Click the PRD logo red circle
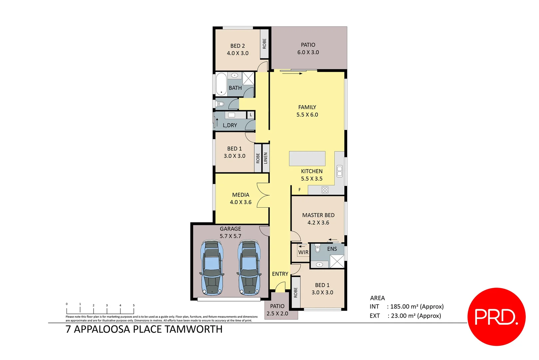(496, 317)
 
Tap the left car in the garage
(212, 268)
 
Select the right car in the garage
(249, 268)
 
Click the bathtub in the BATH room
(221, 84)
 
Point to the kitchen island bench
(307, 159)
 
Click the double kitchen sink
(339, 171)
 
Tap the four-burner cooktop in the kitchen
(325, 190)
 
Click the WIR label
(303, 252)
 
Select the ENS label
(332, 249)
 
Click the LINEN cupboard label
(266, 158)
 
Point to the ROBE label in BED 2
(265, 44)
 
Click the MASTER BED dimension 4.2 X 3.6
(318, 223)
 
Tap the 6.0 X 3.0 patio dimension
(308, 52)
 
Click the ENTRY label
(280, 274)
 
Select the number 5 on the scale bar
(134, 305)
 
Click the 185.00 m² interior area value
(404, 307)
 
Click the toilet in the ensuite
(317, 249)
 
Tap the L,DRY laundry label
(230, 125)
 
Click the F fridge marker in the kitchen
(299, 190)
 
